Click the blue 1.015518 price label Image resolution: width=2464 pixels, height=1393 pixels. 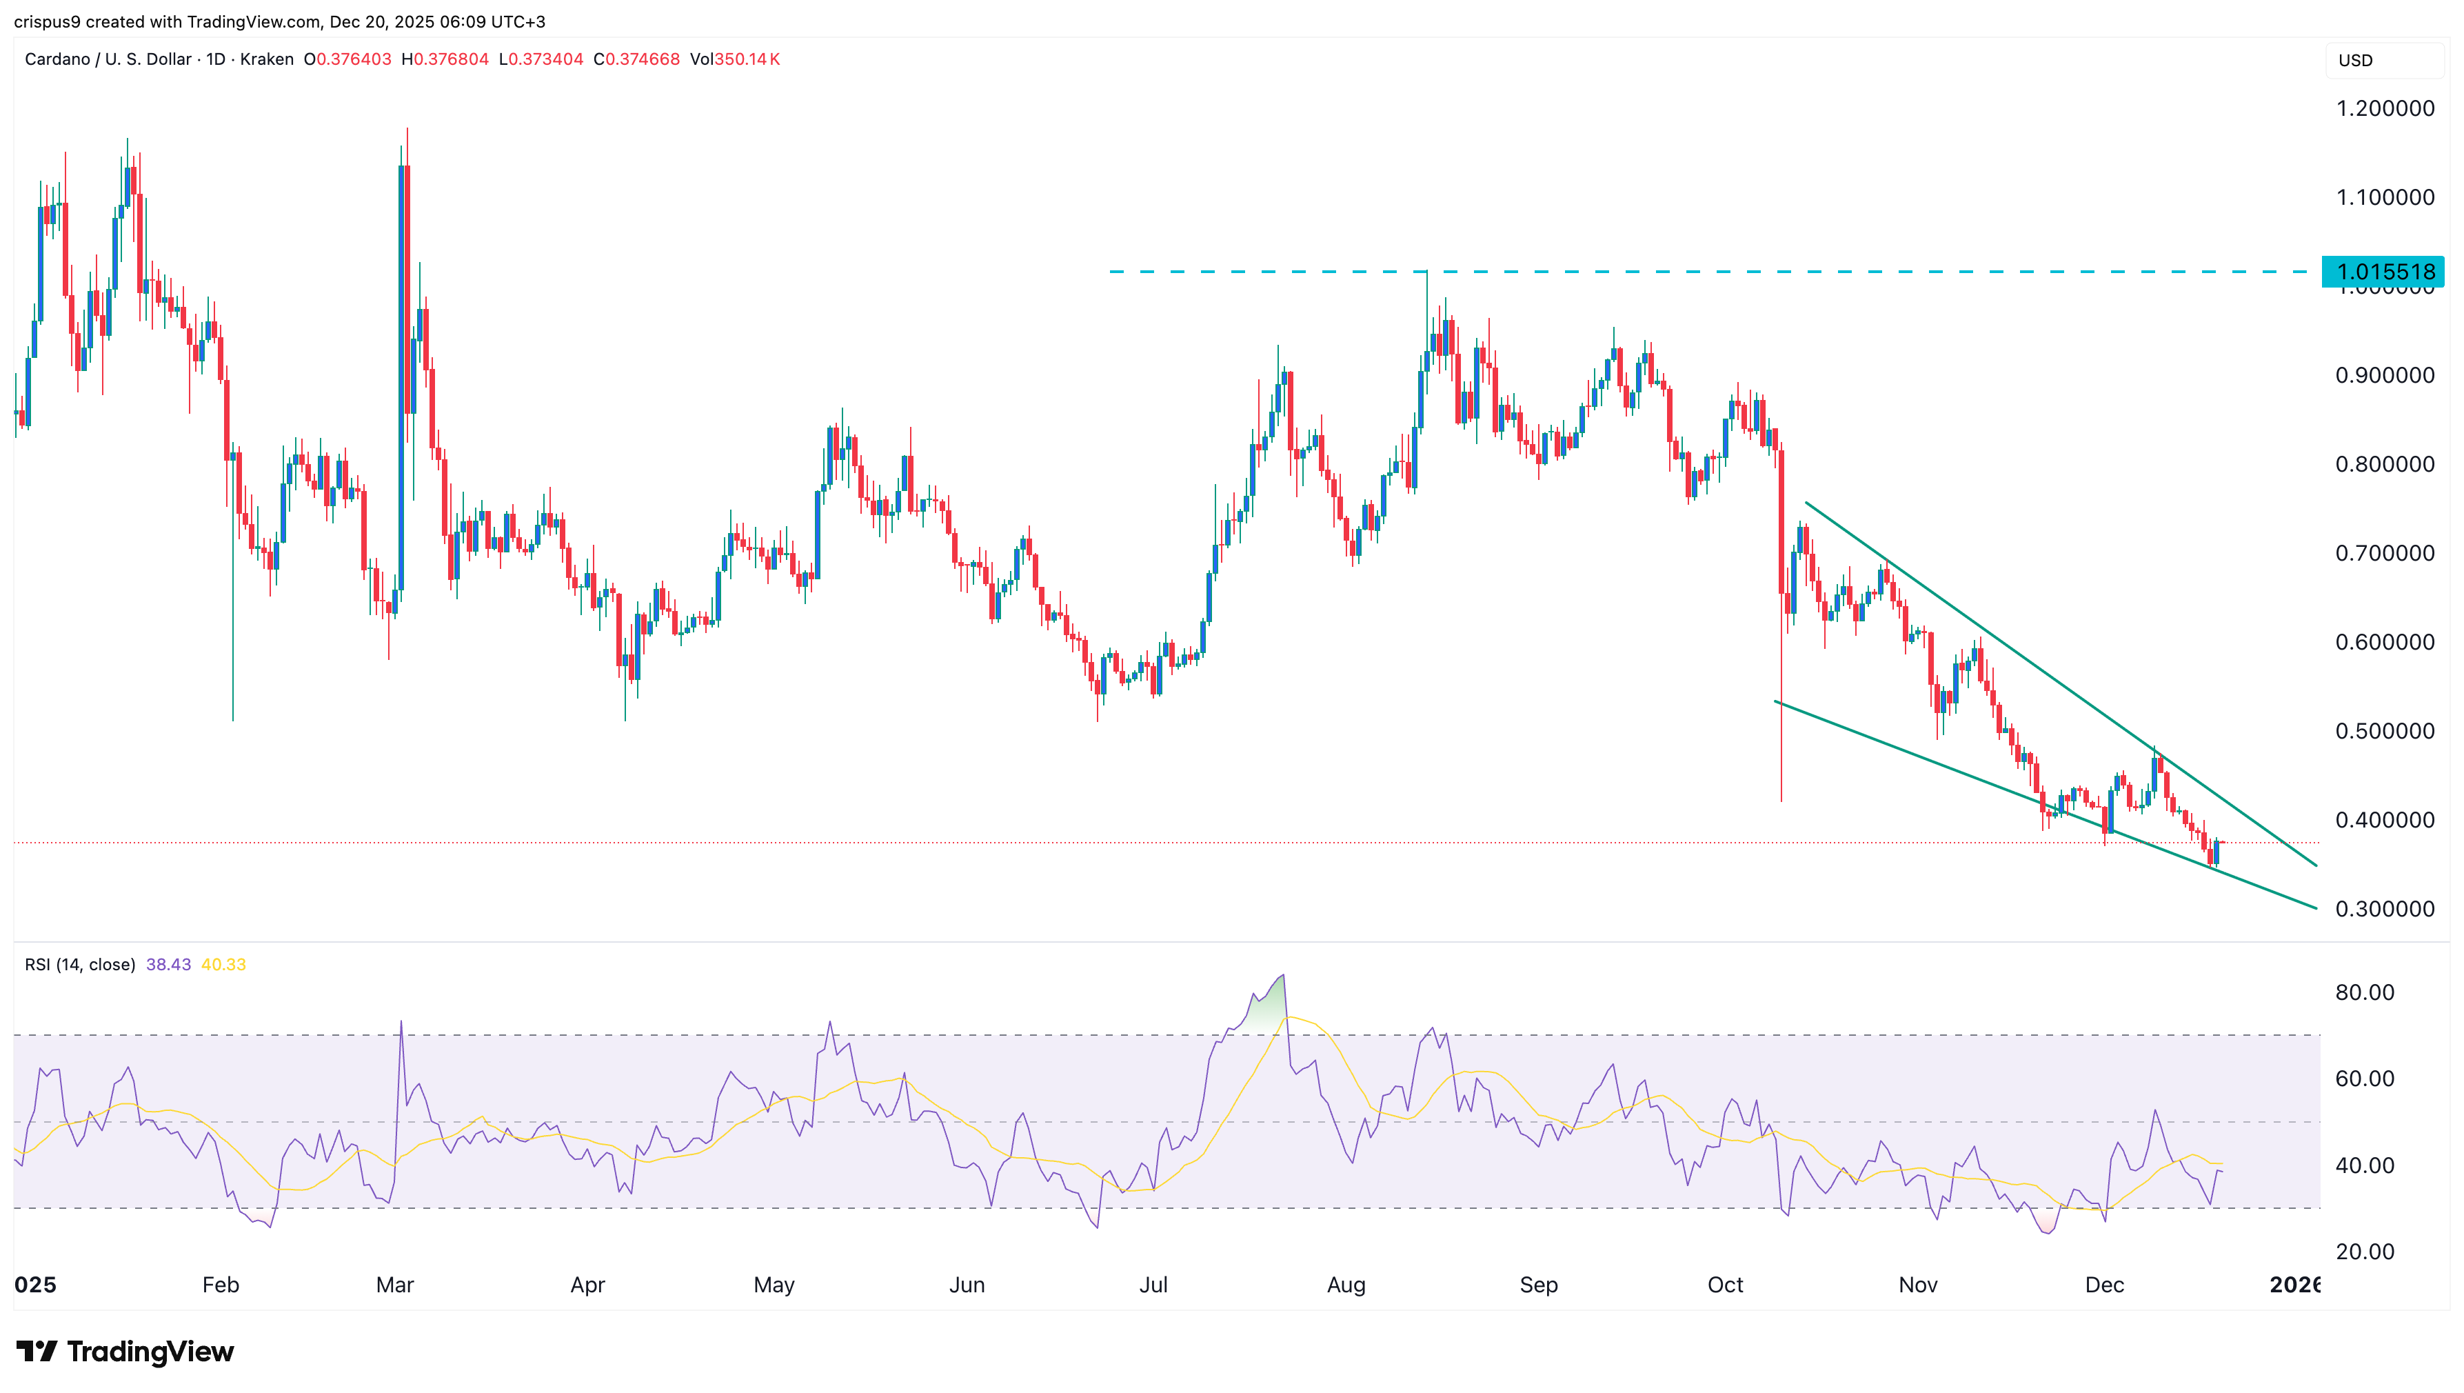click(2383, 272)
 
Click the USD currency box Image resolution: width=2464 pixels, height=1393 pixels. click(2356, 60)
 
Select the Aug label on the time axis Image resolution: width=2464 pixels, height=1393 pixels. click(1346, 1285)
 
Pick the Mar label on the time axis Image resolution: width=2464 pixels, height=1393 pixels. click(394, 1285)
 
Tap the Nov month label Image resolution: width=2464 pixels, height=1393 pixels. click(1918, 1285)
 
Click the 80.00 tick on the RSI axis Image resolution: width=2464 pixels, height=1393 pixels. click(2365, 992)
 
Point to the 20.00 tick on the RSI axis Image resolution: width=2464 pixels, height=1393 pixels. click(2365, 1252)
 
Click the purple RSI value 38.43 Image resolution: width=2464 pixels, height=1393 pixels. click(168, 964)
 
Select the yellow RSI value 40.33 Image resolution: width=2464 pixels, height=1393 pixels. click(224, 964)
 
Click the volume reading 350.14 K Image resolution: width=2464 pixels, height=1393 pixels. click(747, 59)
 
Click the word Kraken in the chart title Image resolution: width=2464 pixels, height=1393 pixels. click(266, 59)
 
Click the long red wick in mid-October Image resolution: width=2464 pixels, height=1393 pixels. click(1781, 708)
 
